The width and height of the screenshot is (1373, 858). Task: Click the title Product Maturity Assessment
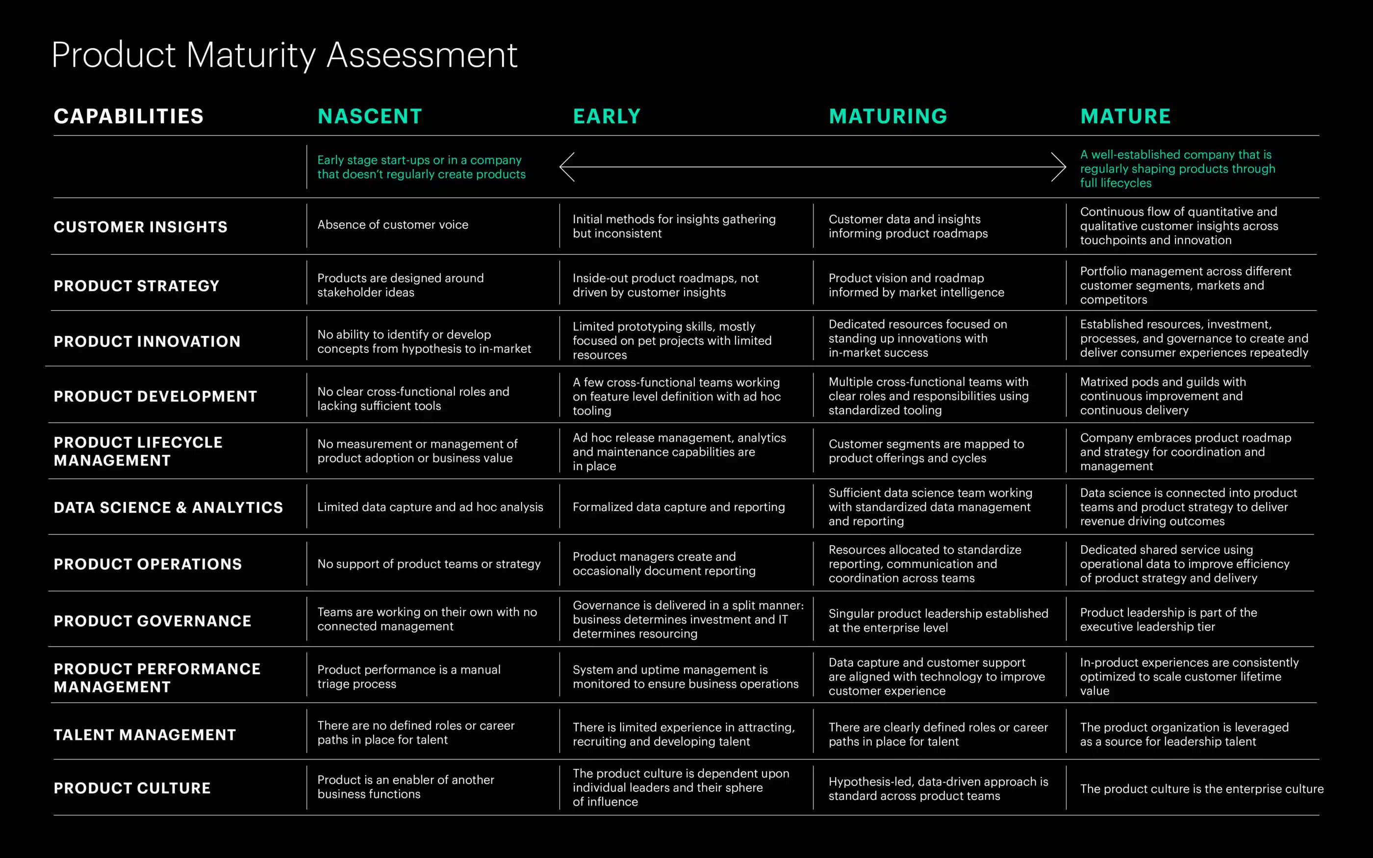click(284, 55)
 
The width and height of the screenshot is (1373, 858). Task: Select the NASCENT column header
click(370, 116)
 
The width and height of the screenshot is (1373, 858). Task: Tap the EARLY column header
click(607, 116)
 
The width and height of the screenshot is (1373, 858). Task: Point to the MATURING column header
click(888, 116)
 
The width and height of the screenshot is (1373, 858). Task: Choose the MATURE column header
click(1125, 116)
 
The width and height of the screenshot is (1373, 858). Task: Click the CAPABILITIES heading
click(128, 116)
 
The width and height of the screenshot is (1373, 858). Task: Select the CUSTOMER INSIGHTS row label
click(141, 227)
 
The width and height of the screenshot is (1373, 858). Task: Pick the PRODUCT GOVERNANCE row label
click(152, 621)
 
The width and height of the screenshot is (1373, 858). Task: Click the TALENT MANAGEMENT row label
click(145, 735)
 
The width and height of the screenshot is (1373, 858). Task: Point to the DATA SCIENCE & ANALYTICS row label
click(168, 507)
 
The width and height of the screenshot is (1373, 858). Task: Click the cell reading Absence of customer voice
click(393, 225)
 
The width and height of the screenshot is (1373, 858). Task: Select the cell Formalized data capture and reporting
click(679, 507)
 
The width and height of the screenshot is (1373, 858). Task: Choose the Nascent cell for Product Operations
click(429, 563)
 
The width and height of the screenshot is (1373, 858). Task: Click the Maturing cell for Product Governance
click(938, 620)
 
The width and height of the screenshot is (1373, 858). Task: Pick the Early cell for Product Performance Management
click(686, 677)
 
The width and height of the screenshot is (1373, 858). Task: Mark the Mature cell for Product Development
click(1163, 396)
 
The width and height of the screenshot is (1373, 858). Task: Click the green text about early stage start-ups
click(421, 167)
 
